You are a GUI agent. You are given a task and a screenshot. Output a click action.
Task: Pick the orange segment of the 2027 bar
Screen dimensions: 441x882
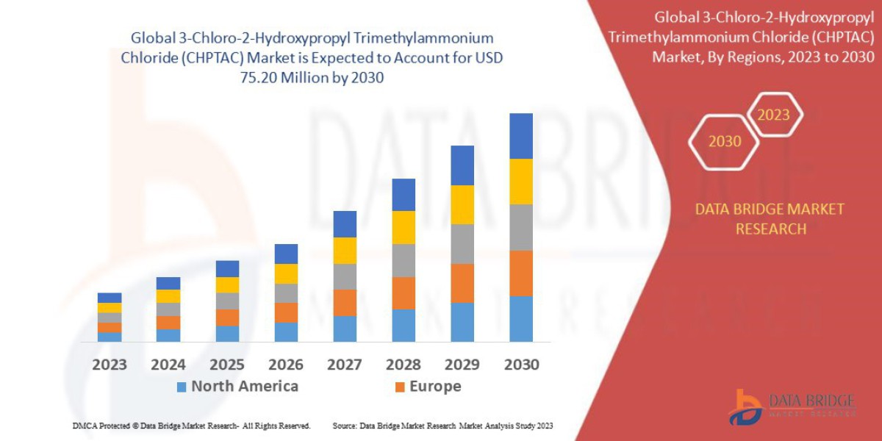click(x=344, y=302)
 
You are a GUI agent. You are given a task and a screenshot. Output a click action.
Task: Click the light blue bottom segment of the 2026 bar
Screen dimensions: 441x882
click(x=285, y=331)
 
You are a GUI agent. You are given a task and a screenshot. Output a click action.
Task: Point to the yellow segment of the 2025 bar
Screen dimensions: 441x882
click(x=227, y=284)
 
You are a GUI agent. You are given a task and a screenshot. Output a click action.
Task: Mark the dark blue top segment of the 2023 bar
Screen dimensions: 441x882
click(x=110, y=298)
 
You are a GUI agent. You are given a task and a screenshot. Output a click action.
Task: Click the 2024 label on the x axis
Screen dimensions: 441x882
click(x=168, y=365)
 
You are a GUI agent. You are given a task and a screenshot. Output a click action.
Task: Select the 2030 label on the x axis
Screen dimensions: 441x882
click(x=520, y=365)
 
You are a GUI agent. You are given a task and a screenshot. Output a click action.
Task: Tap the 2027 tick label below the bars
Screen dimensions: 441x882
click(x=344, y=365)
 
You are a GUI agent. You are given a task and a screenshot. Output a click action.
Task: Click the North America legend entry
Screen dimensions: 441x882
click(x=237, y=387)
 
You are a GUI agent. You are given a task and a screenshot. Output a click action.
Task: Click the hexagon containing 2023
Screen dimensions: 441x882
click(x=773, y=115)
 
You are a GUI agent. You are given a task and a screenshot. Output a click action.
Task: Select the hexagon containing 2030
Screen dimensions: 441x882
click(x=724, y=141)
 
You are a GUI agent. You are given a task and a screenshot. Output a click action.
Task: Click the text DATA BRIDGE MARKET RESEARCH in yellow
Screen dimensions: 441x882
click(x=770, y=219)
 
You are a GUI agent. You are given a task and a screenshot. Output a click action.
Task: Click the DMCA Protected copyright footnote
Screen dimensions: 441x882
click(x=191, y=426)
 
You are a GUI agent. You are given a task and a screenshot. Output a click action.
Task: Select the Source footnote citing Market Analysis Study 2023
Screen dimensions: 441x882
click(x=442, y=426)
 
